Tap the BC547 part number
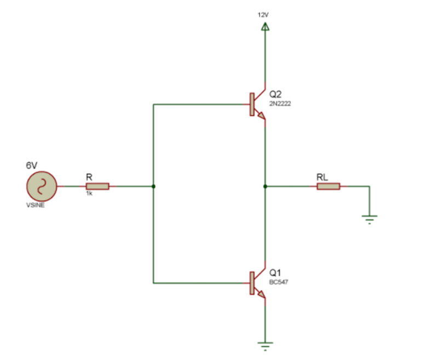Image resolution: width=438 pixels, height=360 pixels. [x=278, y=282]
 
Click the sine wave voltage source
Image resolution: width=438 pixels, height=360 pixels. [x=41, y=186]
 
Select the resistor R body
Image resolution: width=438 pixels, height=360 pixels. [x=97, y=186]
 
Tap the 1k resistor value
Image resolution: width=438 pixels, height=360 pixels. [x=89, y=194]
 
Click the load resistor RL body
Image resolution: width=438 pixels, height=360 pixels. [x=328, y=186]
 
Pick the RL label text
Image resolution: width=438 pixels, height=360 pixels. [x=322, y=177]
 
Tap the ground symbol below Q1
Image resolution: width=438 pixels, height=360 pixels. [x=265, y=345]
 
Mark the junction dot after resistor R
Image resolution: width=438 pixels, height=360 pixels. [x=154, y=186]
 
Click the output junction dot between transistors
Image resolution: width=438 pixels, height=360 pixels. [x=265, y=186]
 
